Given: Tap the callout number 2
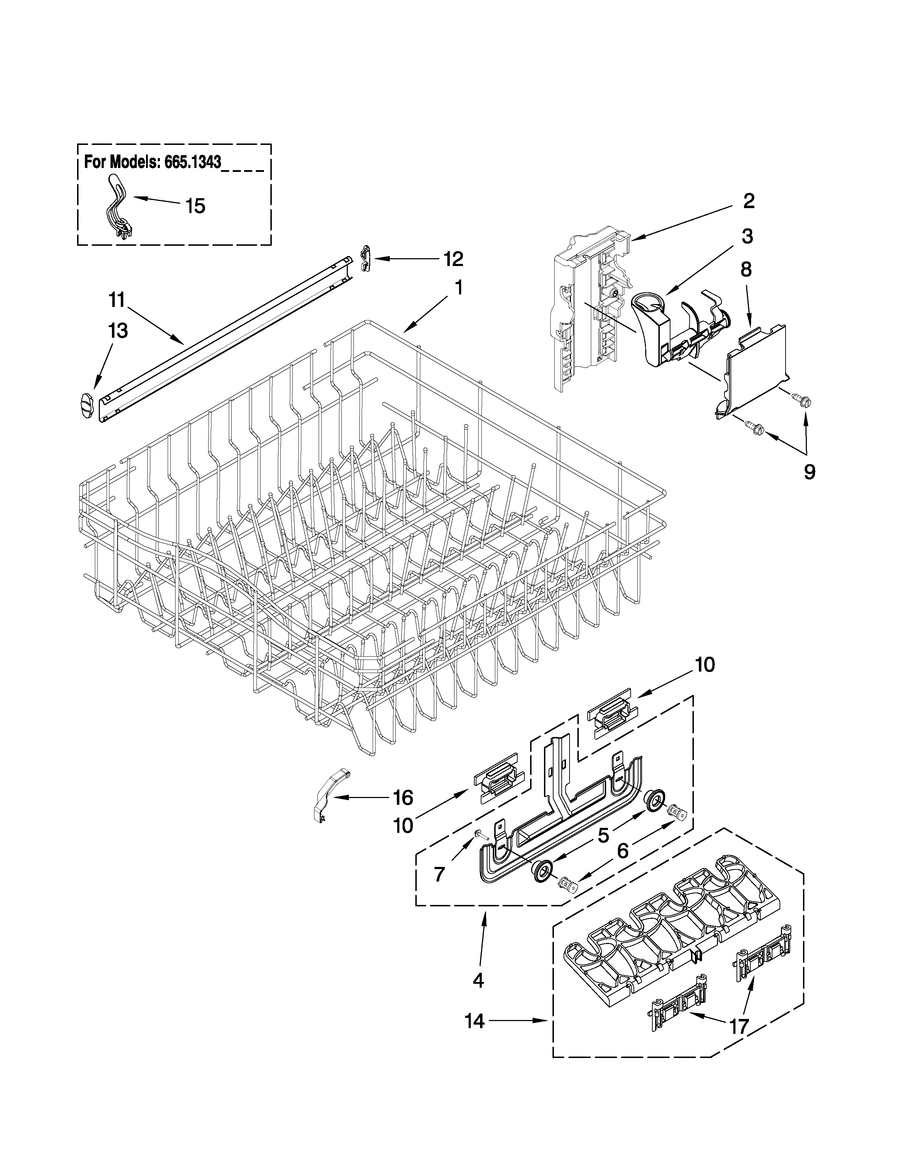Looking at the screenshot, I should point(749,201).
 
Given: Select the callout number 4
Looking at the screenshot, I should point(478,981).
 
